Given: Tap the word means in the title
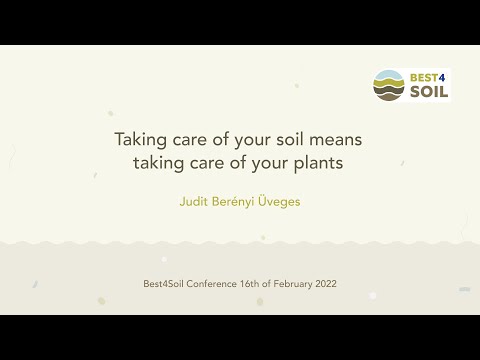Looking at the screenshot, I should coord(337,140).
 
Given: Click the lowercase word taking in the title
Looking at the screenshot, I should coord(157,162).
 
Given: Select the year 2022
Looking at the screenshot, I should coord(326,284).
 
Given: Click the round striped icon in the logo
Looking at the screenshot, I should coord(389,85).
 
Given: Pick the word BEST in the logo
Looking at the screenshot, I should coord(421,76).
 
